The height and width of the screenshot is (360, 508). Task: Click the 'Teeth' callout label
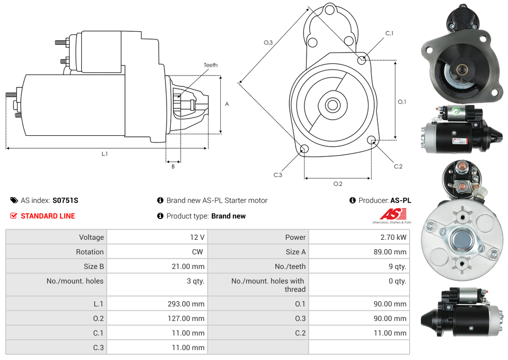pyautogui.click(x=210, y=65)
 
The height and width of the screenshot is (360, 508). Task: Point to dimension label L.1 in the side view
pyautogui.click(x=105, y=153)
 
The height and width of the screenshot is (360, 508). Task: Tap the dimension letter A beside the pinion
pyautogui.click(x=227, y=104)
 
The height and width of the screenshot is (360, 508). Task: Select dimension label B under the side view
pyautogui.click(x=173, y=166)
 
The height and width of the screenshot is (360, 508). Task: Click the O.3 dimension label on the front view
pyautogui.click(x=269, y=43)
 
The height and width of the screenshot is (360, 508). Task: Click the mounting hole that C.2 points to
pyautogui.click(x=372, y=140)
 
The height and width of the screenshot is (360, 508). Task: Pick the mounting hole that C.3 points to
pyautogui.click(x=304, y=150)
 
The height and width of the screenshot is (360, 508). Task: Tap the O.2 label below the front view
pyautogui.click(x=338, y=184)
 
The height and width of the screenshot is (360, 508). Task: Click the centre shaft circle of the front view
pyautogui.click(x=332, y=105)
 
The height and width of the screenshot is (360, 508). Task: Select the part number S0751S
pyautogui.click(x=65, y=200)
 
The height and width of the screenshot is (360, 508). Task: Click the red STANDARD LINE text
pyautogui.click(x=48, y=216)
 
